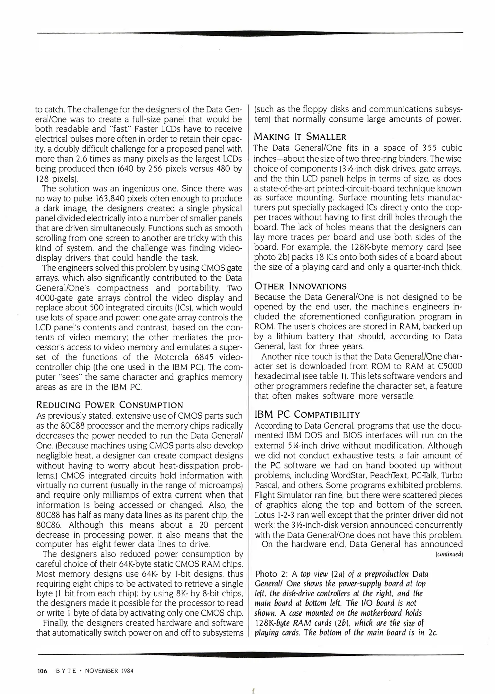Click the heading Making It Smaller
(300, 137)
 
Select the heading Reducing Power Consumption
(109, 405)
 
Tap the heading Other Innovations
(300, 286)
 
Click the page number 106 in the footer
(42, 671)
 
